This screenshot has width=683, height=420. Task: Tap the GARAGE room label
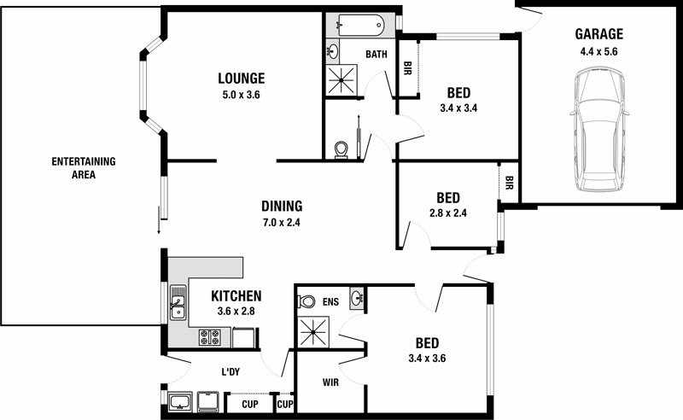(598, 35)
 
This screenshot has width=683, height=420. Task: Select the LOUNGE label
(240, 78)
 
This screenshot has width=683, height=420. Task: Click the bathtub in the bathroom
(359, 24)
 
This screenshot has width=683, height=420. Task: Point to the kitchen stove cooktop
(210, 336)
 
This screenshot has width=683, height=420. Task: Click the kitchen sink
(178, 304)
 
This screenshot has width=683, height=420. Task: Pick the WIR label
(330, 382)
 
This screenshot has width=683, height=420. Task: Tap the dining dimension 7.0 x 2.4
(282, 223)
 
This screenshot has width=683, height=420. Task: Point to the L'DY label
(230, 372)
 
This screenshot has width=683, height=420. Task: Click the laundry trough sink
(180, 402)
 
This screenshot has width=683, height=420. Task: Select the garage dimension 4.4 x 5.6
(598, 51)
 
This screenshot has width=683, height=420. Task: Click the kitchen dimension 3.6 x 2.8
(236, 312)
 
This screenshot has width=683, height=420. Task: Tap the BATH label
(377, 55)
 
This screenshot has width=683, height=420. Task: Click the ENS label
(330, 301)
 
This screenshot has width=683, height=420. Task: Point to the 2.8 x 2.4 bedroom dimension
(447, 213)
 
